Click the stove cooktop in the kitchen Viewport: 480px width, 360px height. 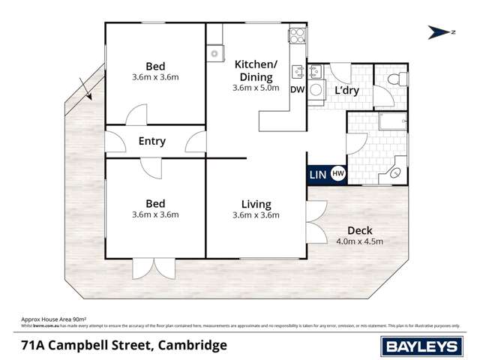tap(296, 35)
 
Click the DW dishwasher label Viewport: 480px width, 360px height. tap(297, 90)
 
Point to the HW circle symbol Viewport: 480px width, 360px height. tap(337, 173)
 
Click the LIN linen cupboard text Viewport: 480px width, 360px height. tap(317, 174)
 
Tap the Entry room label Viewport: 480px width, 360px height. tap(152, 141)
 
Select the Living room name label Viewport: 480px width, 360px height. tap(256, 204)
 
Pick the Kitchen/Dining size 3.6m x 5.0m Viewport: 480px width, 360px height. tap(256, 88)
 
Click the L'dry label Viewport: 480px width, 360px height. tap(346, 91)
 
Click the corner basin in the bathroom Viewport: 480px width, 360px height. tap(395, 173)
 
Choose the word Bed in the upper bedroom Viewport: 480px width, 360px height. tap(155, 66)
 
